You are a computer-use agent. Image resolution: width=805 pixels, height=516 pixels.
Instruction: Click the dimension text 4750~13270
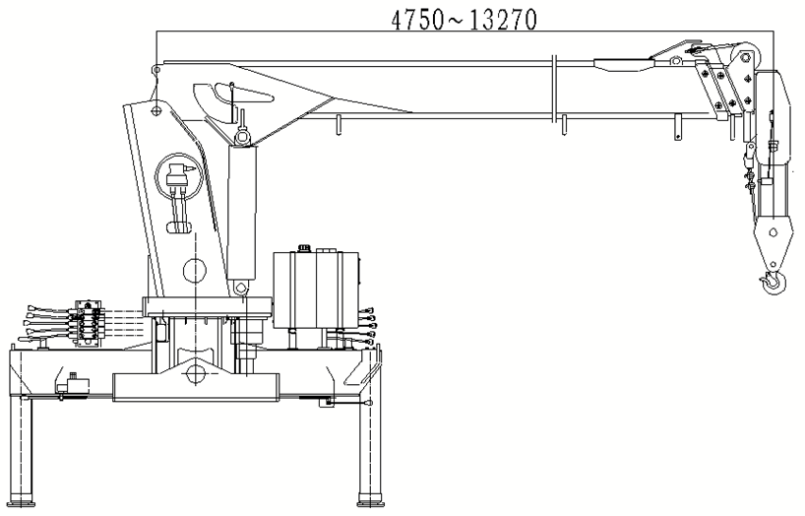tap(464, 20)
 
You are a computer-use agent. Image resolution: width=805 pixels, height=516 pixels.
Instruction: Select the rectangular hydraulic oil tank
tap(316, 290)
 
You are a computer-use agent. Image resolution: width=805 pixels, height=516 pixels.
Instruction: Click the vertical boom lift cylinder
tap(242, 212)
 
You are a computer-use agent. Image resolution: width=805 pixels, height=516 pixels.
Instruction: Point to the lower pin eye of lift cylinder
tap(240, 288)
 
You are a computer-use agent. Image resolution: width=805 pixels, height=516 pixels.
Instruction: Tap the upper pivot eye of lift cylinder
tap(241, 137)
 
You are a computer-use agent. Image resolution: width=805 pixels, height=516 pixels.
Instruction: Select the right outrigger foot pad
tap(371, 500)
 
